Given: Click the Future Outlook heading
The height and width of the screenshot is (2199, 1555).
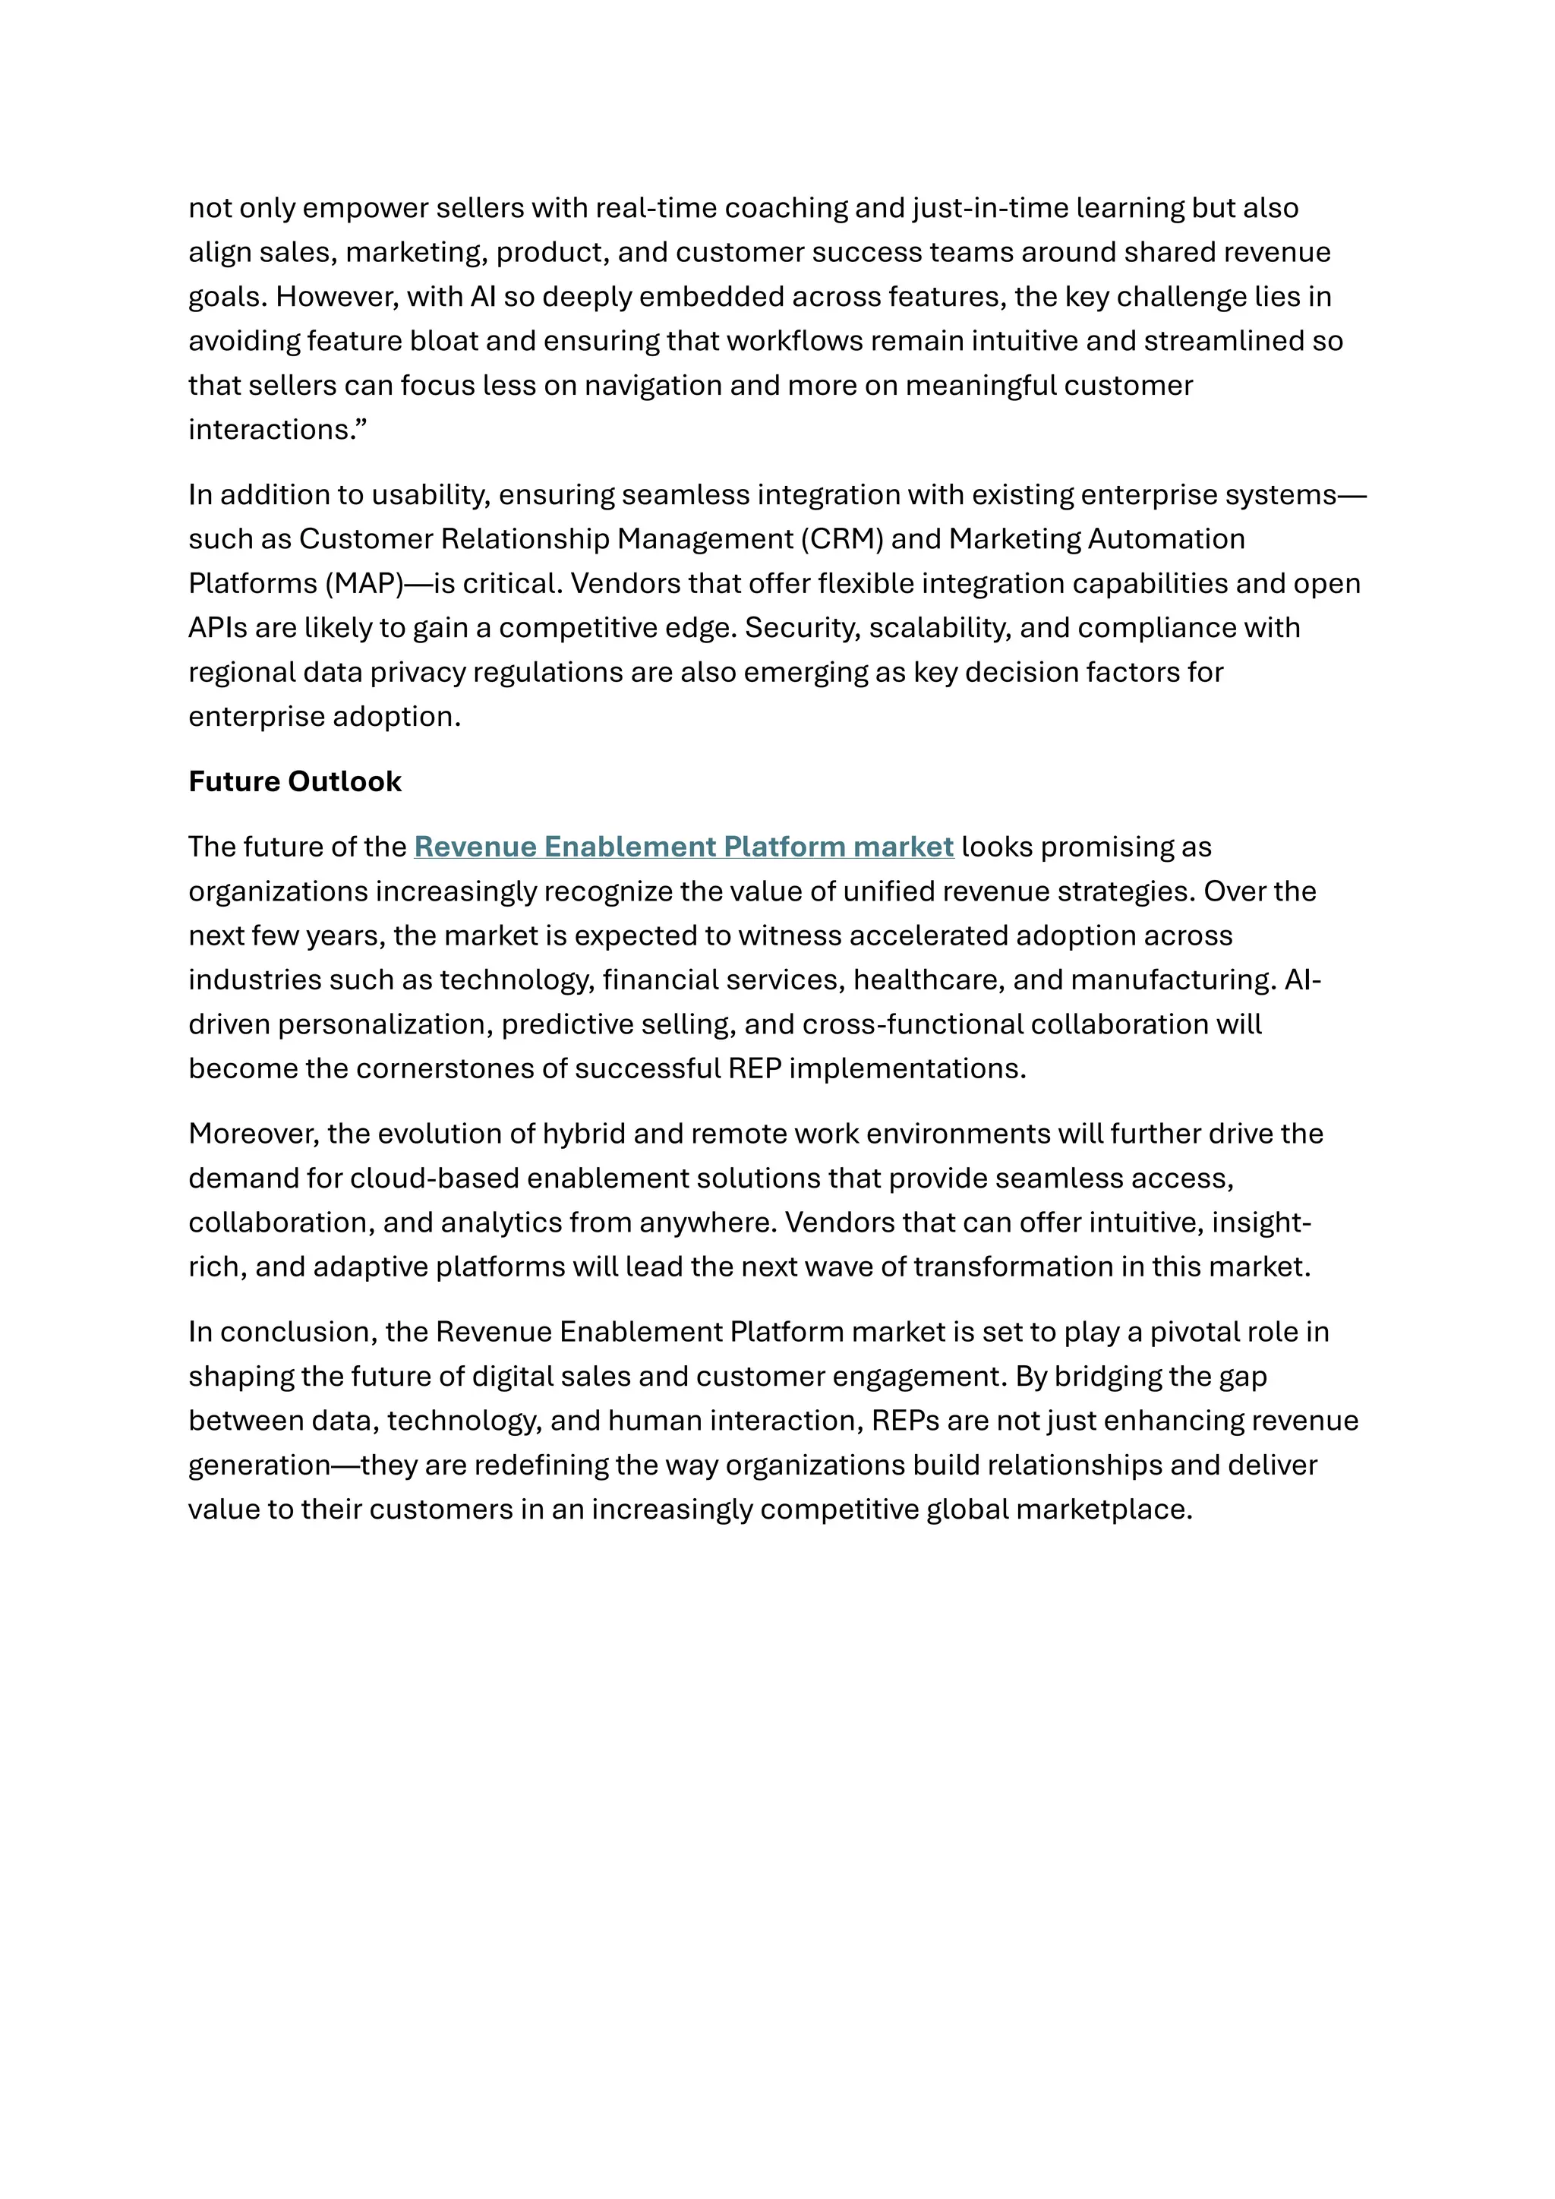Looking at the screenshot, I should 295,781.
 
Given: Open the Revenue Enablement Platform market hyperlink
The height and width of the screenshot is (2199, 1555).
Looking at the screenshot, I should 683,847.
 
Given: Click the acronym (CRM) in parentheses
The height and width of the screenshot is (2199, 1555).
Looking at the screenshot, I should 841,539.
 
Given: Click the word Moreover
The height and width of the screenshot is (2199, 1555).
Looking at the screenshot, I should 253,1134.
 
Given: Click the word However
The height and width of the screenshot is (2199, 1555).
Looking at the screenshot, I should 335,297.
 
